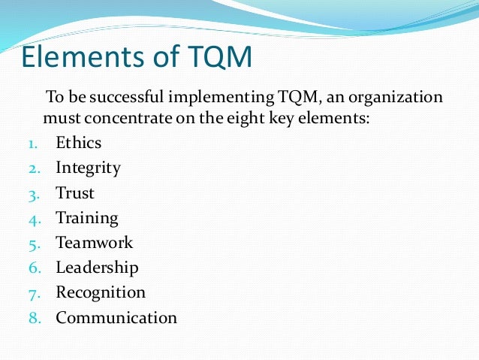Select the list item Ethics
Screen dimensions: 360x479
point(78,142)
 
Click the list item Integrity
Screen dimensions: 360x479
point(88,168)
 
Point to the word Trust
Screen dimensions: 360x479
point(75,193)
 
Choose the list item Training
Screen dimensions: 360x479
point(87,219)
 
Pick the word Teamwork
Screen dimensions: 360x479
point(94,243)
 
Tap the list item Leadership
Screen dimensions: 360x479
point(97,268)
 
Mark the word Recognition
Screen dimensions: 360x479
point(101,292)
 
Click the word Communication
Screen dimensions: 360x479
point(116,317)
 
